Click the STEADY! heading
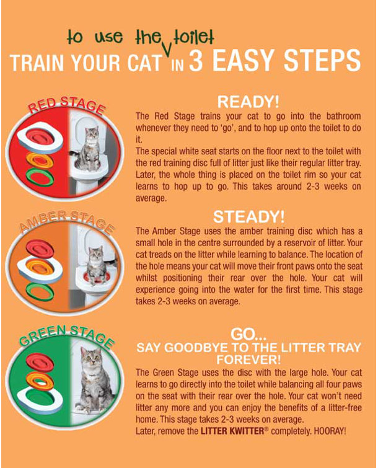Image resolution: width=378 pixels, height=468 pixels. pyautogui.click(x=249, y=218)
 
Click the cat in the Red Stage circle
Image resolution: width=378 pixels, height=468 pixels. pyautogui.click(x=89, y=149)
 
